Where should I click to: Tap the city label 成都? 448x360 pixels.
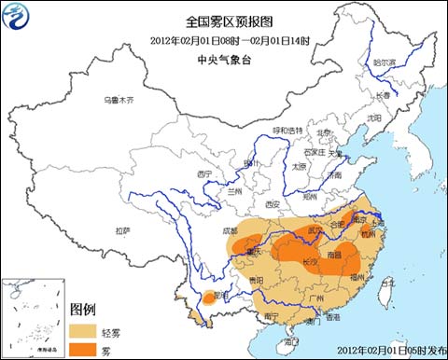coord(230,231)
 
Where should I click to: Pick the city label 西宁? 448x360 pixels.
coord(205,173)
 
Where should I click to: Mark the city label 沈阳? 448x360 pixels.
coord(373,118)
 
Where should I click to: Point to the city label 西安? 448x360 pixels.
coord(272,203)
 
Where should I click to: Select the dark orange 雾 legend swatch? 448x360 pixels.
coord(85,347)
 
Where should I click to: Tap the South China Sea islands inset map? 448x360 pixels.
coord(34,317)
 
